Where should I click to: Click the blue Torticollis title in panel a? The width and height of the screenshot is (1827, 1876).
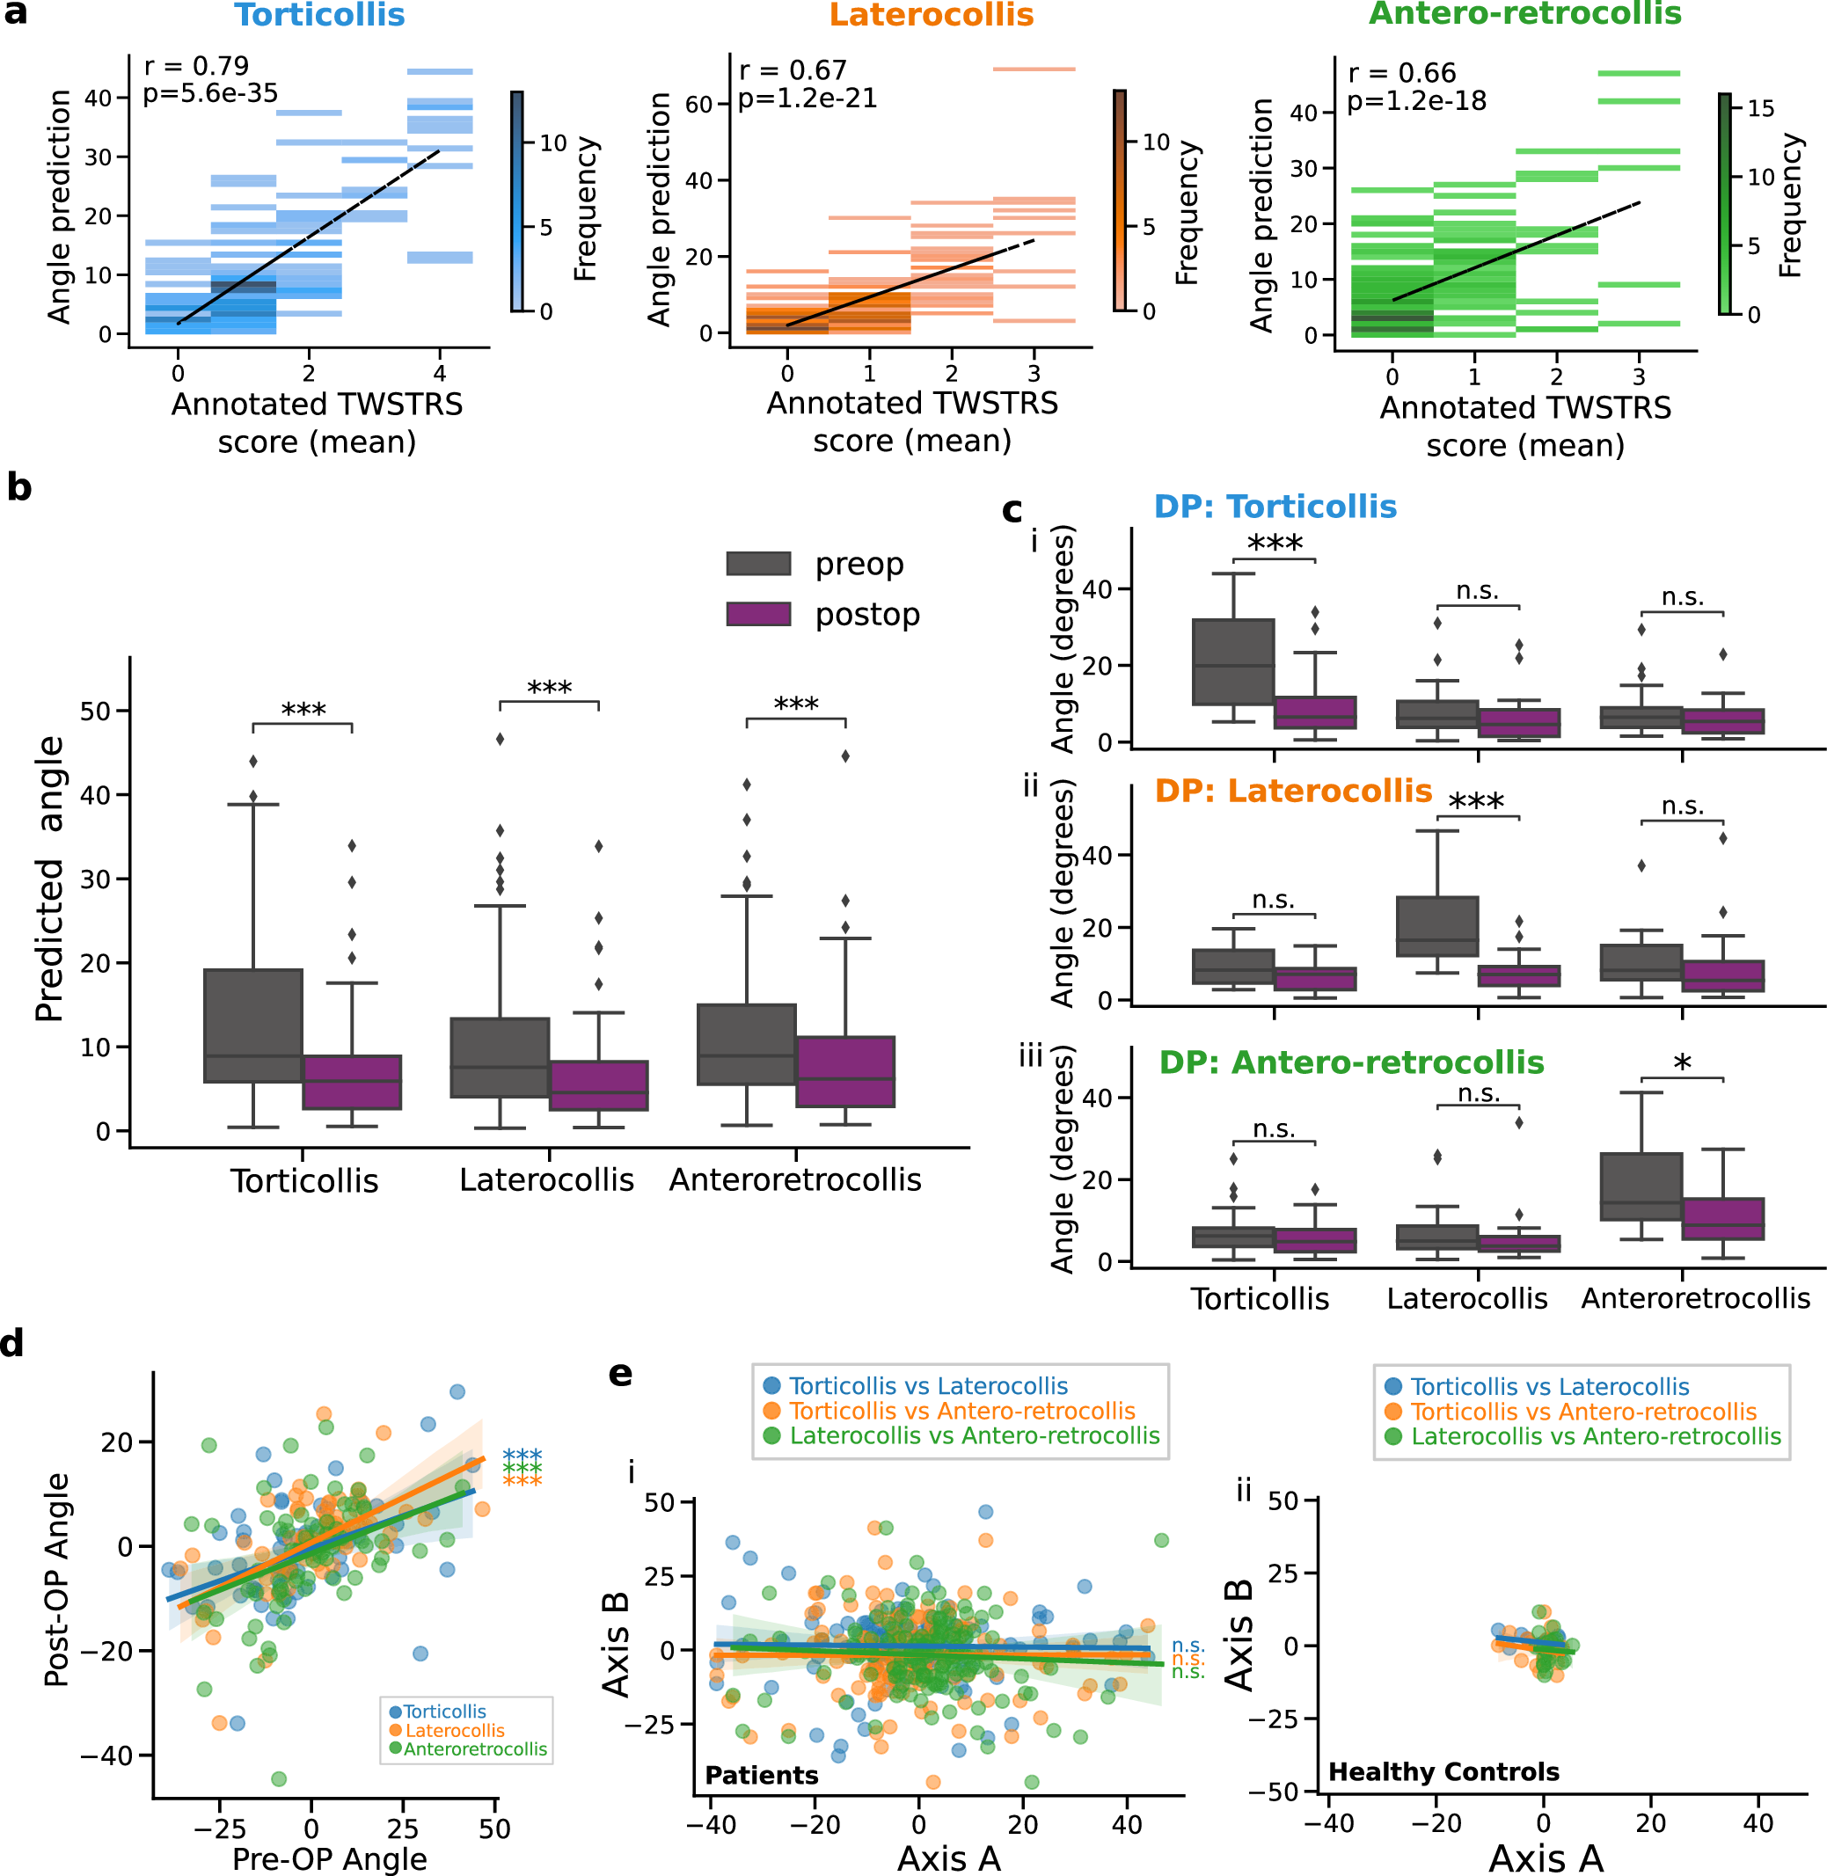tap(319, 15)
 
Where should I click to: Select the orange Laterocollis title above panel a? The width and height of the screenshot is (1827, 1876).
tap(931, 15)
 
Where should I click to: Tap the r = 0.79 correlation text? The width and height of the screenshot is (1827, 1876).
tap(196, 66)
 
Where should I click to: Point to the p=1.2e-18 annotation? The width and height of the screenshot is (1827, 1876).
tap(1416, 101)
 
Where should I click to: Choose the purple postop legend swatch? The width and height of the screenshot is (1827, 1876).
tap(758, 614)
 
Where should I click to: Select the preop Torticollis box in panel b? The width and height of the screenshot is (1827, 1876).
tap(253, 1025)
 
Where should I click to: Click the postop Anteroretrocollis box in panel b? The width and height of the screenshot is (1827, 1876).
tap(845, 1071)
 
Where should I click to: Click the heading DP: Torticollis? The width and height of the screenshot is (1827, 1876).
tap(1275, 507)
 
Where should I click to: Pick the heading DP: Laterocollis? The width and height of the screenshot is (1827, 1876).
tap(1292, 791)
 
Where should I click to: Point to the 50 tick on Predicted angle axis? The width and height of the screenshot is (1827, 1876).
tap(96, 711)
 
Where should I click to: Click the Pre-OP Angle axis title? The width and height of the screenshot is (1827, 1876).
tap(329, 1858)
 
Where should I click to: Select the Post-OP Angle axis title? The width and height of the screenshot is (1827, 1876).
tap(57, 1579)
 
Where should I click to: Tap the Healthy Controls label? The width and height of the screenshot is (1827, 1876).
tap(1443, 1771)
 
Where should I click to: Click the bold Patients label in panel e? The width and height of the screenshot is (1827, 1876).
tap(761, 1775)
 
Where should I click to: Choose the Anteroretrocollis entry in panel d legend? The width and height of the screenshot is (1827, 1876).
tap(475, 1748)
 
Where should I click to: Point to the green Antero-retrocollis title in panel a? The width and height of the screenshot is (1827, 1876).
tap(1524, 13)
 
